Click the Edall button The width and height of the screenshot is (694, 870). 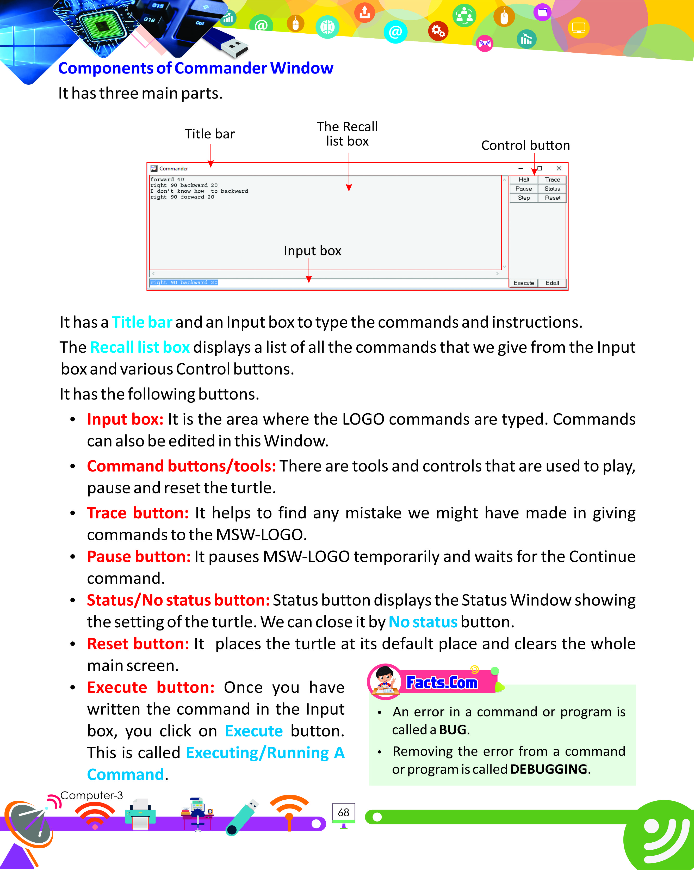point(552,283)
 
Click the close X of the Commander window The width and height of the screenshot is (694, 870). point(559,168)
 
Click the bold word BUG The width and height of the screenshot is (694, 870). point(453,730)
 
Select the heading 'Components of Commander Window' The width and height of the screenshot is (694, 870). point(196,68)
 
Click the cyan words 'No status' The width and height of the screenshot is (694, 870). point(423,622)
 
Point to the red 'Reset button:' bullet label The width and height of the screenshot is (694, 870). point(138,644)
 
